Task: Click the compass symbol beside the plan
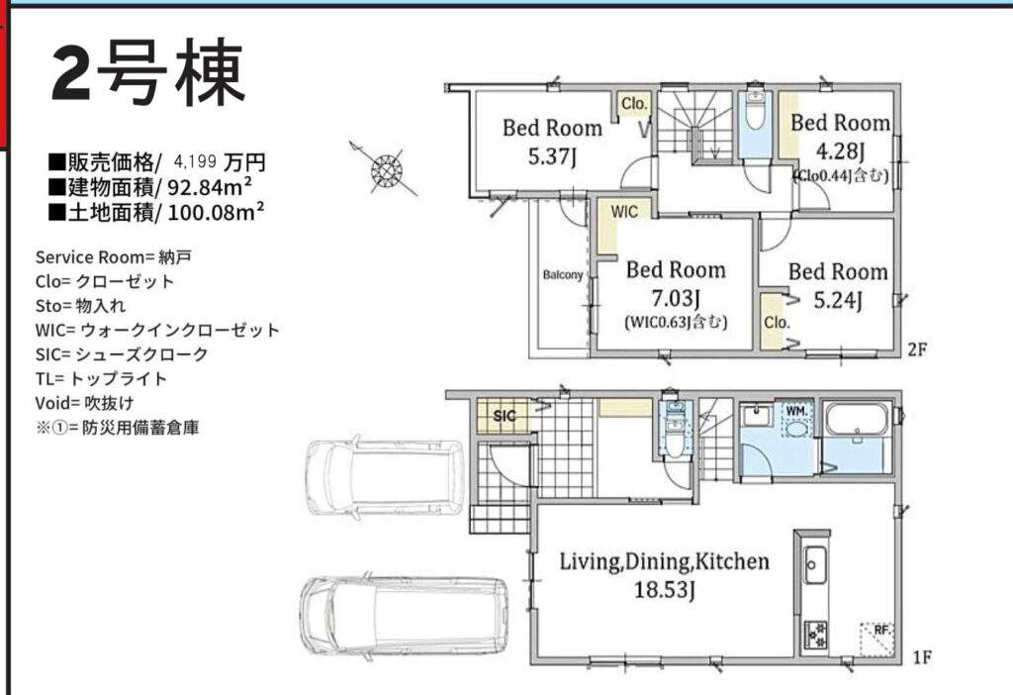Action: point(386,170)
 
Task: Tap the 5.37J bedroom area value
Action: point(552,156)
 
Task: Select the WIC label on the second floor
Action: point(624,212)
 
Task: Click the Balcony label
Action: point(563,275)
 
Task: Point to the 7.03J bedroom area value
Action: point(675,299)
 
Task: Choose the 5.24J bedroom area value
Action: point(837,301)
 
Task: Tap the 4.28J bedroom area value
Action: point(840,151)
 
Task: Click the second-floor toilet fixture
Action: point(755,110)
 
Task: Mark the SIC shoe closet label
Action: point(505,416)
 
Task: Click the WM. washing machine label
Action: point(795,411)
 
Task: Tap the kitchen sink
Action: point(814,563)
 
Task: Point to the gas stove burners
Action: point(815,635)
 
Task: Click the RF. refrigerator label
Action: point(881,630)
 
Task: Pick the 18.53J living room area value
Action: point(664,590)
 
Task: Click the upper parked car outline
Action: point(385,477)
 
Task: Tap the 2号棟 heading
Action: point(148,72)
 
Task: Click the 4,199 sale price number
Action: point(195,160)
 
